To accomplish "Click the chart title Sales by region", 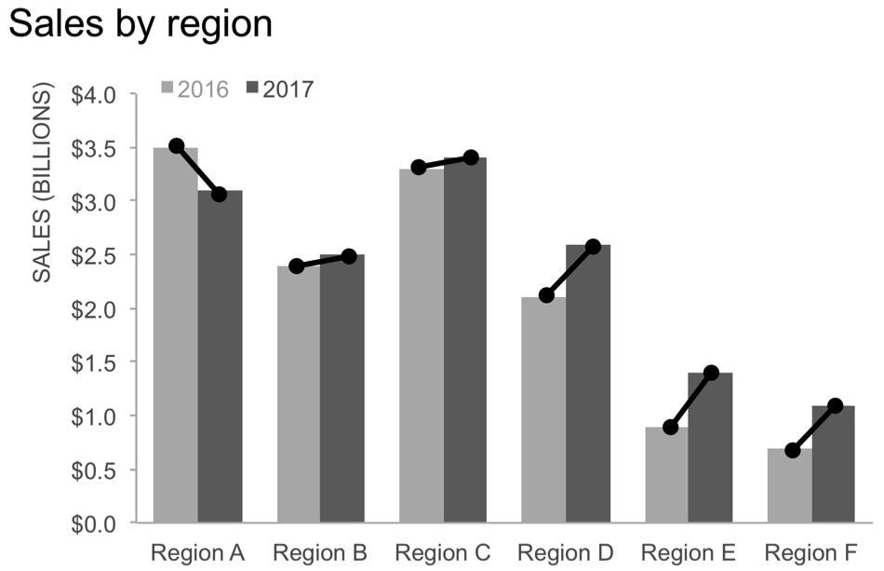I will (x=140, y=24).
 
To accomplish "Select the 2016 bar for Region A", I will (x=175, y=335).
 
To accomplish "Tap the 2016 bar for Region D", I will (x=543, y=410).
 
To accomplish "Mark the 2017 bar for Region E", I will (x=711, y=447).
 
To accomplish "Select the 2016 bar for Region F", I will (x=790, y=485).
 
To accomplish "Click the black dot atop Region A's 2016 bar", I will (x=177, y=145).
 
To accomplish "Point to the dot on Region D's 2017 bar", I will (x=593, y=247).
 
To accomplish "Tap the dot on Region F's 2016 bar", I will (x=792, y=451).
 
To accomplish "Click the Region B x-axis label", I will (x=320, y=552).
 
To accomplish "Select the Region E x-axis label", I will (x=689, y=552).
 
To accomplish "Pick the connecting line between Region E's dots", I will (x=690, y=401).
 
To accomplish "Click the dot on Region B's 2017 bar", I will (x=349, y=256).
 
